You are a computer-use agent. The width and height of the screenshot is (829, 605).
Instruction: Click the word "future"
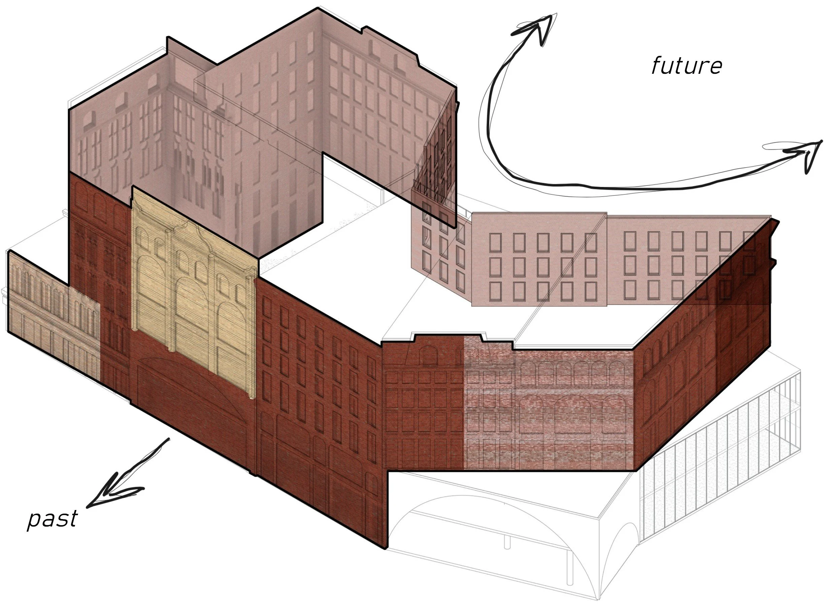tap(687, 66)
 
